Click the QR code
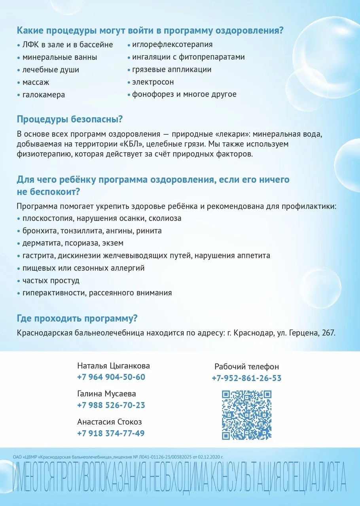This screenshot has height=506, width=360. [x=246, y=415]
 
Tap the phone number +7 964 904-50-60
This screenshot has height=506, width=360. [x=111, y=377]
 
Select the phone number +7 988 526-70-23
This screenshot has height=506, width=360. [x=111, y=405]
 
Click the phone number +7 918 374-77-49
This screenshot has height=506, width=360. [x=111, y=433]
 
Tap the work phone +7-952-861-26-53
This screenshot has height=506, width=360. [x=246, y=378]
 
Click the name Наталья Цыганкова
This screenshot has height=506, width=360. [x=114, y=366]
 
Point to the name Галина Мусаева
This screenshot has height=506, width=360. [x=107, y=394]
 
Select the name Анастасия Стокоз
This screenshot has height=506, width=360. [x=110, y=422]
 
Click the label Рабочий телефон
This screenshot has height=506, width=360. [x=246, y=367]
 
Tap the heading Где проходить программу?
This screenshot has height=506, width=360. [x=77, y=318]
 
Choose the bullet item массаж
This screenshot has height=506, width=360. [x=36, y=82]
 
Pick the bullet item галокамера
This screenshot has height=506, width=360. [x=44, y=95]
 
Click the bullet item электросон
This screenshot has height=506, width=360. [x=153, y=82]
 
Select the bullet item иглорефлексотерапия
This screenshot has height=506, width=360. [x=172, y=44]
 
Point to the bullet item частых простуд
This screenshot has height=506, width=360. [x=51, y=281]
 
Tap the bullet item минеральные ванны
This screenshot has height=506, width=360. [x=60, y=57]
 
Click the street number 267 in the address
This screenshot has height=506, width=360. [x=328, y=333]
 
